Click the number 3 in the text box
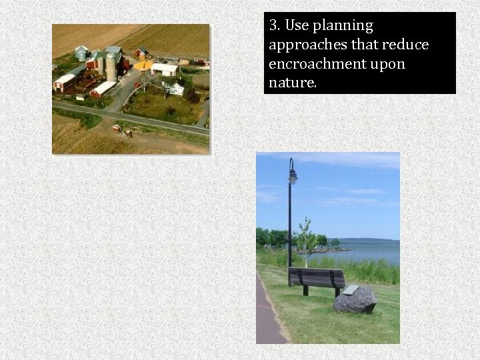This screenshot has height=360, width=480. click(273, 26)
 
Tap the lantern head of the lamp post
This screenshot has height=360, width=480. click(293, 175)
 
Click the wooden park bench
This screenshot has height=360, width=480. click(317, 278)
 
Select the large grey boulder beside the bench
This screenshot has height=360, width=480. click(355, 301)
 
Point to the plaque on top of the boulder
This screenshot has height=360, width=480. click(350, 289)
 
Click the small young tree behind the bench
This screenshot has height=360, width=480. click(306, 239)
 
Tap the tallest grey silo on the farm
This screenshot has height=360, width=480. click(111, 67)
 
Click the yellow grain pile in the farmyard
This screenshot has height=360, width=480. click(143, 65)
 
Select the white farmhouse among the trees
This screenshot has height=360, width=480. click(175, 89)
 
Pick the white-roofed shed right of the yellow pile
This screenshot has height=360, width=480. click(165, 69)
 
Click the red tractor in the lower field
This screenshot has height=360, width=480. click(117, 127)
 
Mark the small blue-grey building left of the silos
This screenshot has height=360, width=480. click(81, 53)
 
